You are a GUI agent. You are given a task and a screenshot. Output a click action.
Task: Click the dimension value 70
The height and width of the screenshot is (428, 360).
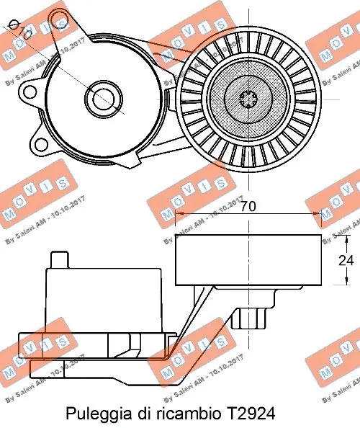[249, 207]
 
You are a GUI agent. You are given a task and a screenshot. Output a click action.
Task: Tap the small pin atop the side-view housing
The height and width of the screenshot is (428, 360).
[58, 259]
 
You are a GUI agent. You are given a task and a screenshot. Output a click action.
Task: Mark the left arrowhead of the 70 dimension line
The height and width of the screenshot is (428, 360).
[181, 214]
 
